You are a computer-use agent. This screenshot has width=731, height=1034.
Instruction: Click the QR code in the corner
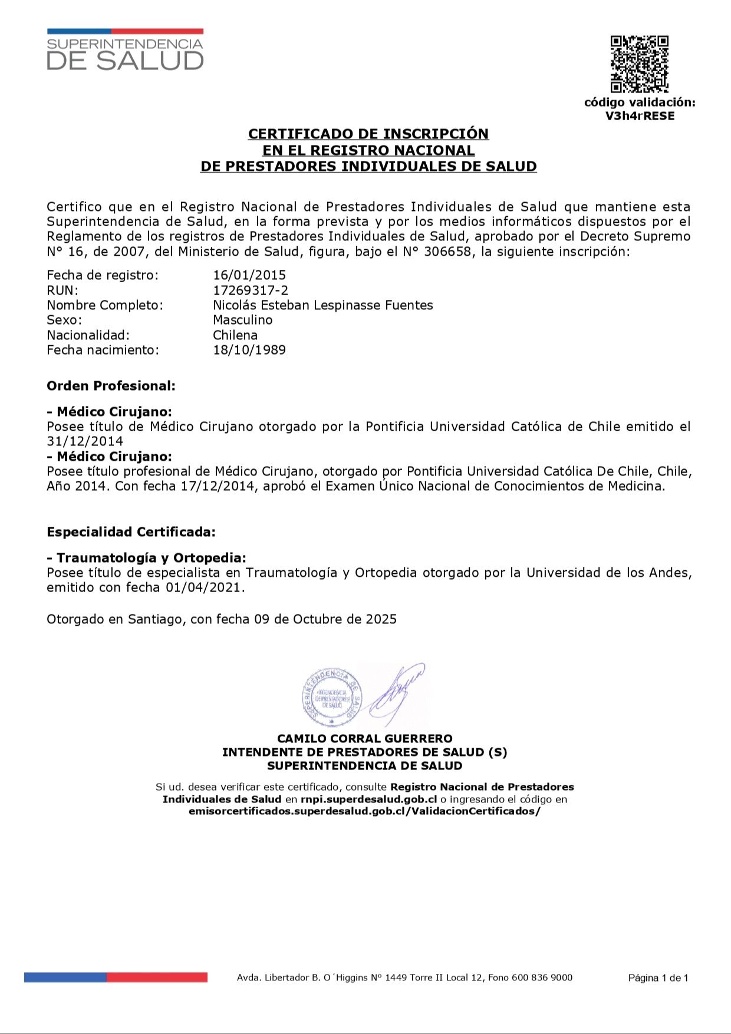(x=639, y=64)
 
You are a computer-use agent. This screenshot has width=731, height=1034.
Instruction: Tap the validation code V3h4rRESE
(x=640, y=116)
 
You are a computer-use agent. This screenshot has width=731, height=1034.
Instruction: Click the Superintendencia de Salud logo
(x=125, y=50)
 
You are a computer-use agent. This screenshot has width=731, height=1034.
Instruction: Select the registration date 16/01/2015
(x=249, y=275)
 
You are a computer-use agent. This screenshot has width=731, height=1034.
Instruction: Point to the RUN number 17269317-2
(x=251, y=290)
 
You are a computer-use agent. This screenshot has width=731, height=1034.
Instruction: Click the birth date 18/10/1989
(x=249, y=350)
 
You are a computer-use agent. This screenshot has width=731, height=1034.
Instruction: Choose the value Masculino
(x=243, y=320)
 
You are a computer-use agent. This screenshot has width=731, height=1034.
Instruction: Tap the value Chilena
(x=235, y=335)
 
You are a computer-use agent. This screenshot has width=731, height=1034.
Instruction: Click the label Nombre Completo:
(x=105, y=305)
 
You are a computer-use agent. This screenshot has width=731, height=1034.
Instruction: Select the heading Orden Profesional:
(x=111, y=386)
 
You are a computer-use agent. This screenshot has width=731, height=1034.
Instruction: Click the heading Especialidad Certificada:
(x=131, y=532)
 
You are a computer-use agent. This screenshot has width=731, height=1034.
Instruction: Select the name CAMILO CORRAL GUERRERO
(x=365, y=739)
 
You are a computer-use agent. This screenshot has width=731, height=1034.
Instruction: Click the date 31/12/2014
(x=85, y=441)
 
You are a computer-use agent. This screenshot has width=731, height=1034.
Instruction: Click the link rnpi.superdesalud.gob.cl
(x=368, y=800)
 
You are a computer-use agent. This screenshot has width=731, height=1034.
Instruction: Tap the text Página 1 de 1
(x=658, y=978)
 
